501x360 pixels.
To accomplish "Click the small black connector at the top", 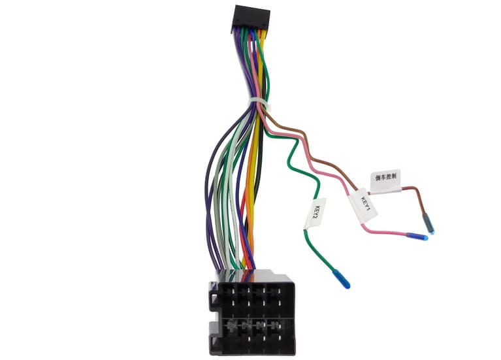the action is tap(250, 18).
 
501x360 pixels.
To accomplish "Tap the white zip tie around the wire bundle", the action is tap(258, 103).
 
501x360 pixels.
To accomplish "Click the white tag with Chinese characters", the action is tap(385, 180).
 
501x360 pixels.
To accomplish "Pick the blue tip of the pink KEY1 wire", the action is tap(416, 237).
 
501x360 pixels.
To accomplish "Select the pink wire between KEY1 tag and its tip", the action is tap(385, 231).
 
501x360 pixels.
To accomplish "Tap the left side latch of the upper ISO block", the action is tap(212, 297).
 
